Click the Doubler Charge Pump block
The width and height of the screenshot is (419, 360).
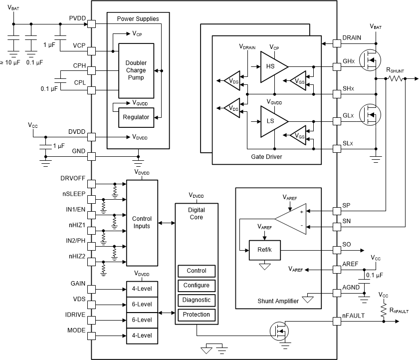pyautogui.click(x=136, y=70)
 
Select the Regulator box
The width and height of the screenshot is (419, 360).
pyautogui.click(x=136, y=117)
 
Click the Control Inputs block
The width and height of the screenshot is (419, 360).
pyautogui.click(x=142, y=223)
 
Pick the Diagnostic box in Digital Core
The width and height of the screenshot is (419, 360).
pyautogui.click(x=197, y=300)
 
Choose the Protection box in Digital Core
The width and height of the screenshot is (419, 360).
pyautogui.click(x=197, y=315)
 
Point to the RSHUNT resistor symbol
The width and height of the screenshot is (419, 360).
pyautogui.click(x=395, y=78)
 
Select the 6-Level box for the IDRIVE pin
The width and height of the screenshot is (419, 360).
pyautogui.click(x=142, y=320)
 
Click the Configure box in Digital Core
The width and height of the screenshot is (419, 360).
pyautogui.click(x=197, y=286)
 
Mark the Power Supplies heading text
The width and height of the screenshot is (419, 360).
pyautogui.click(x=138, y=19)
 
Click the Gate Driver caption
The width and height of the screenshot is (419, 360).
pyautogui.click(x=266, y=157)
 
